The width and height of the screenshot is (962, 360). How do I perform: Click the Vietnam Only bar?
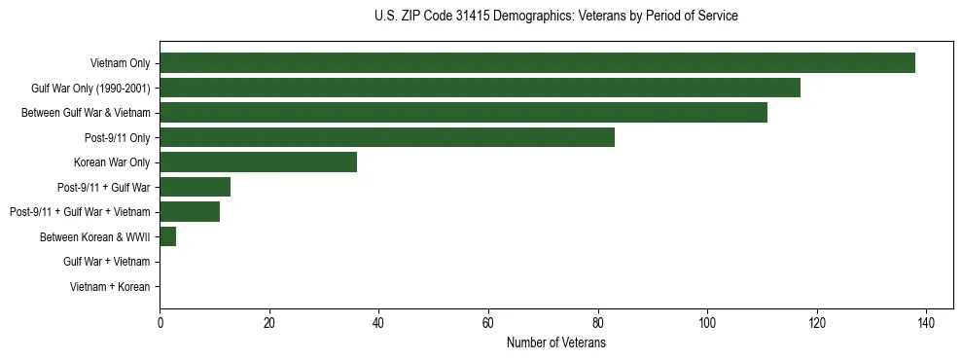click(537, 63)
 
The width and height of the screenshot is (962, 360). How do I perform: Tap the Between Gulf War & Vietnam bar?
click(463, 112)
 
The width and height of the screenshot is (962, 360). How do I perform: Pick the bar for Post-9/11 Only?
click(387, 137)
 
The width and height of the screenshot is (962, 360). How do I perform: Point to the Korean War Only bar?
click(258, 162)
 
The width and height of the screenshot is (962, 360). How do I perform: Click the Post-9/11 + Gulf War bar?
click(195, 187)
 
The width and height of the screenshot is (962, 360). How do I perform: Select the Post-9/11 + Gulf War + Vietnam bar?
click(190, 212)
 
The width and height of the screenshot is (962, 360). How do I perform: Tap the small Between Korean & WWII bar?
click(167, 236)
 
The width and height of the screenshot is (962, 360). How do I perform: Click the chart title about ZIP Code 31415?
click(555, 17)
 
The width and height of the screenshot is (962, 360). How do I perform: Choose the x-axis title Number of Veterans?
click(555, 343)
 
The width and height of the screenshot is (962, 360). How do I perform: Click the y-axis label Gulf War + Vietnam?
click(106, 262)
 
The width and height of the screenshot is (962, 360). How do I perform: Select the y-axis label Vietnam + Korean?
click(110, 287)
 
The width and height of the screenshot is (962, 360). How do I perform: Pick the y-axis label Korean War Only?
click(112, 162)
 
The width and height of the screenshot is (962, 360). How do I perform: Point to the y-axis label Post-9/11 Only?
click(118, 137)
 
